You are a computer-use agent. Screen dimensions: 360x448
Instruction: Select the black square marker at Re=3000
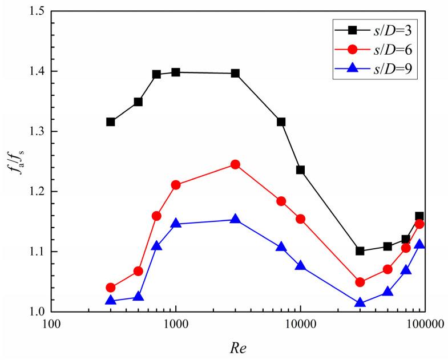pos(235,73)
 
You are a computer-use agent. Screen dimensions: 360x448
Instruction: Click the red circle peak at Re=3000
pos(235,164)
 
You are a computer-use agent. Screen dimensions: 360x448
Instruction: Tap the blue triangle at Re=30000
pos(360,303)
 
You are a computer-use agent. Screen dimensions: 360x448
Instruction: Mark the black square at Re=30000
pos(360,251)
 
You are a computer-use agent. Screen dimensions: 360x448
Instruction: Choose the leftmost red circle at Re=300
pos(111,288)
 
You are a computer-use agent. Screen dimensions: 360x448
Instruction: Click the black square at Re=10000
pos(300,170)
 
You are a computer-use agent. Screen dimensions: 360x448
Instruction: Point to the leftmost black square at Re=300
pos(111,122)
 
